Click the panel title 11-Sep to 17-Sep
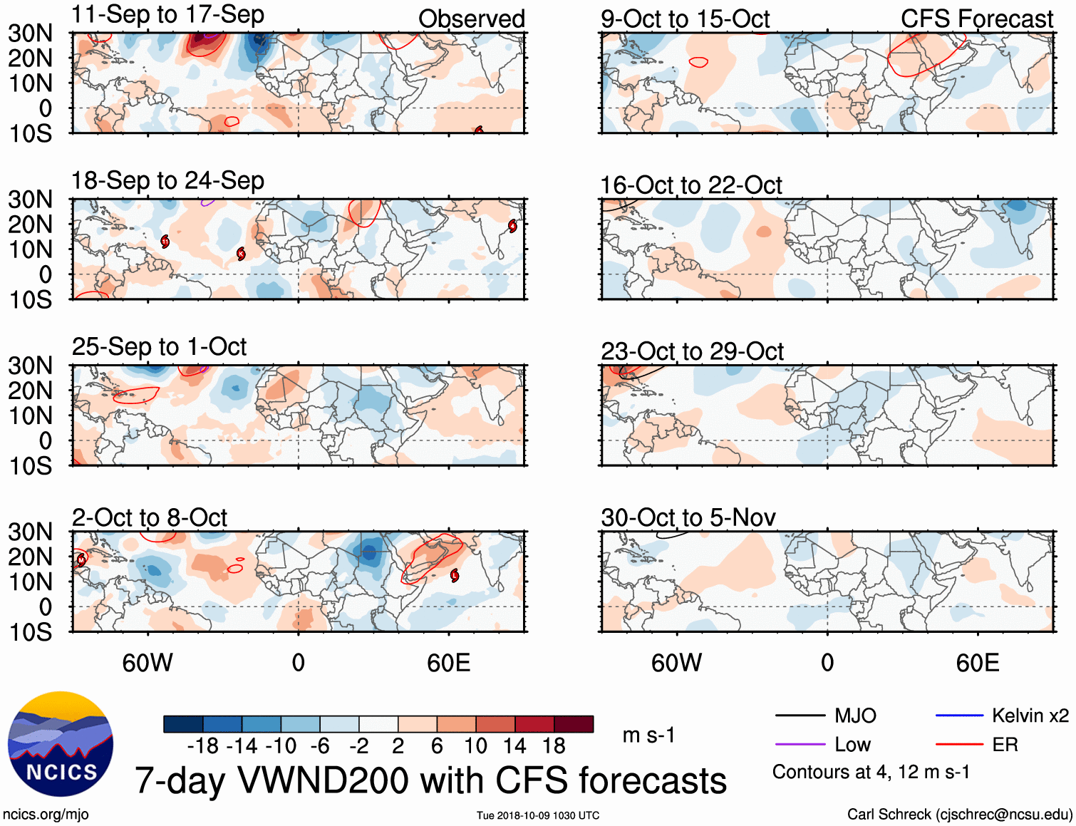coord(167,15)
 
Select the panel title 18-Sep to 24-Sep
coord(167,181)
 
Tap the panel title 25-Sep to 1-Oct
coord(159,347)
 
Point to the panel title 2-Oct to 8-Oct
coord(150,517)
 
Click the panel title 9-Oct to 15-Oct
coord(685,19)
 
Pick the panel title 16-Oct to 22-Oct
coord(690,185)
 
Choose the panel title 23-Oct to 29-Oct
coord(691,351)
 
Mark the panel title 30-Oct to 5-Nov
coord(688,517)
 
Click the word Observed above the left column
coord(471,19)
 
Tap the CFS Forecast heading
coord(976,19)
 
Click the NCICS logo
coord(61,744)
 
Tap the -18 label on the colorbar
coord(203,746)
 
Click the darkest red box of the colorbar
coord(574,724)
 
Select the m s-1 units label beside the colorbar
coord(648,735)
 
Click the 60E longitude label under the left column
coord(448,664)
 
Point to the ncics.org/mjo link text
coord(46,814)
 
